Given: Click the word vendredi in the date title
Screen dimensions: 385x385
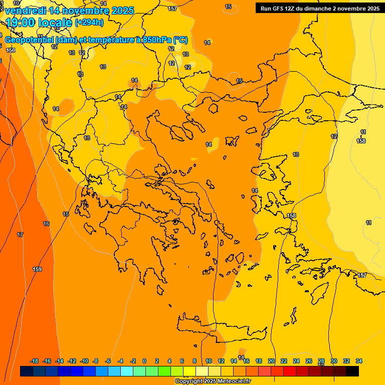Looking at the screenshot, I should pos(25,11).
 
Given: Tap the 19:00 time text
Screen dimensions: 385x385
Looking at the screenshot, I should pos(21,23).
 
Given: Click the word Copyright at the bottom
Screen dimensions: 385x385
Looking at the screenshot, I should pos(188,381).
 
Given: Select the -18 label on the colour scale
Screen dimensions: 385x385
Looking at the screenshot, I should pos(34,361).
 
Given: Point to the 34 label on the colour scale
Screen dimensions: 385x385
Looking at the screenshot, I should pos(359,361).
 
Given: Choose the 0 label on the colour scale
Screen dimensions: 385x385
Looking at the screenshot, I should pos(144,361).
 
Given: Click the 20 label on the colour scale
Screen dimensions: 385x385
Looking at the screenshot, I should pos(271,361).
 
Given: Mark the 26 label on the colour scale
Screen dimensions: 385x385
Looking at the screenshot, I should pos(309,361).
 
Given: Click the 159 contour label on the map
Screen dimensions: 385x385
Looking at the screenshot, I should pos(37,270).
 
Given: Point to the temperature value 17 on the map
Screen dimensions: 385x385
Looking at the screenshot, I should pos(20,235).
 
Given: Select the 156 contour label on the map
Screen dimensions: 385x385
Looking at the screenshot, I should pos(11,50).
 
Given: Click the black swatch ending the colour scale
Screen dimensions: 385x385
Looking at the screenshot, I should pos(352,371).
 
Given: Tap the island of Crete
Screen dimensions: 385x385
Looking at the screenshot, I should pos(221,328).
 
